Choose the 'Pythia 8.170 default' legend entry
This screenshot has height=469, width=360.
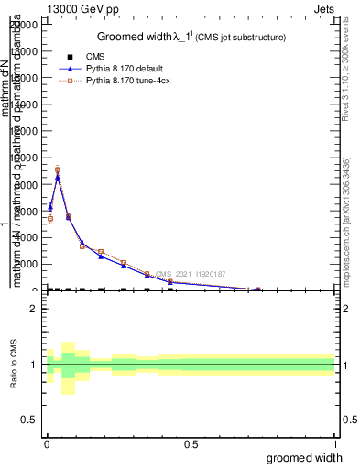[x=123, y=69]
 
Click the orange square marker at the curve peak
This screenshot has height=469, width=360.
[x=58, y=169]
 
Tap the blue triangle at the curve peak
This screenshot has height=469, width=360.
[x=58, y=177]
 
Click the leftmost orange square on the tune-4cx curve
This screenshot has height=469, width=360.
[x=50, y=218]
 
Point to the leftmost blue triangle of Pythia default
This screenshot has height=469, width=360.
[x=50, y=206]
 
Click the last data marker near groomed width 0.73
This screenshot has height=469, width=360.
[x=257, y=289]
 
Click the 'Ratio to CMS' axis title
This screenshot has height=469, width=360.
[x=13, y=365]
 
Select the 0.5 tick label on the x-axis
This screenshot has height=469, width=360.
[x=191, y=444]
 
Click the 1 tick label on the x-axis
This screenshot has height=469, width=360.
[x=334, y=444]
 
